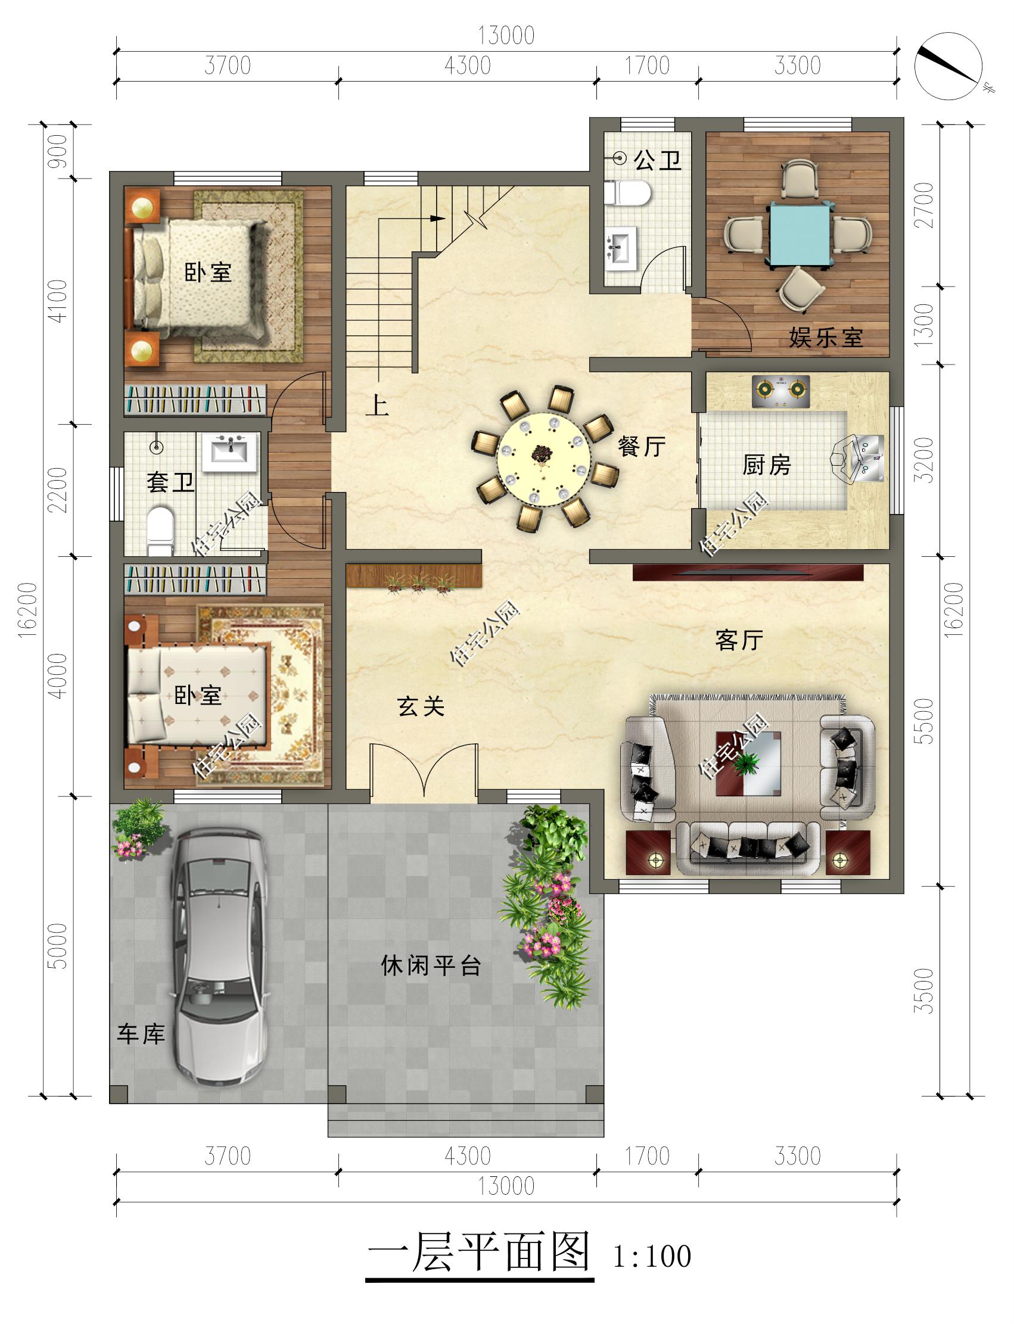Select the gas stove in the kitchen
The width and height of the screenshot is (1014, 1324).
coord(780,391)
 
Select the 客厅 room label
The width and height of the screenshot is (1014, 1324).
coord(739,640)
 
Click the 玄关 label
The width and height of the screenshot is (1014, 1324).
coord(421,706)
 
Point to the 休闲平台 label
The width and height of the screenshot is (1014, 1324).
coord(431,965)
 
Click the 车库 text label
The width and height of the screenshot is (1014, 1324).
coord(141,1035)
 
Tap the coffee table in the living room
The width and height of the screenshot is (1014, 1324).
coord(748,764)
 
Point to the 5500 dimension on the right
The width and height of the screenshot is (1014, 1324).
coord(924,721)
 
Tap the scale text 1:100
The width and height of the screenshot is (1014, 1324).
coord(652,1257)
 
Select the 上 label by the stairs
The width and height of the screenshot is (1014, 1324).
coord(377,405)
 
